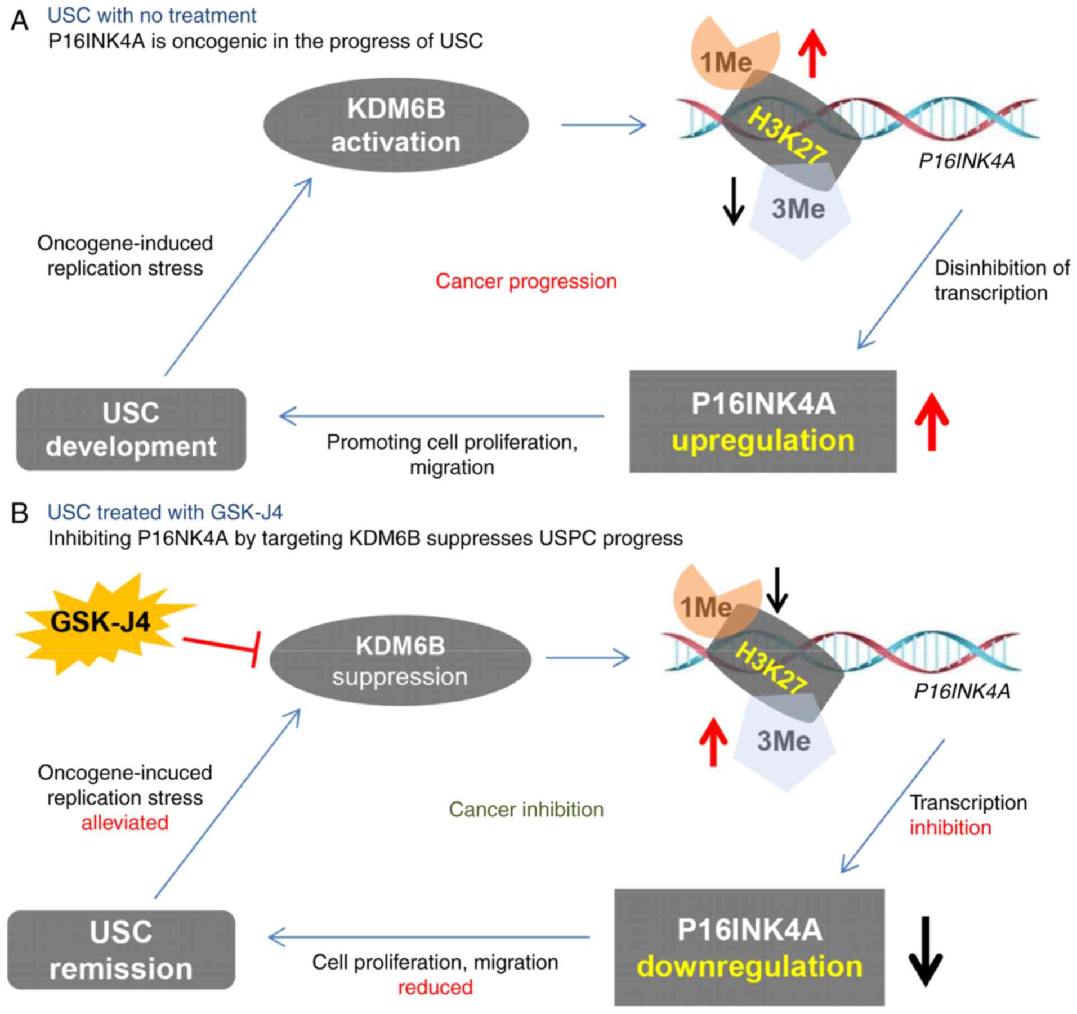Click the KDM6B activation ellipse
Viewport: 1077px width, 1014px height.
point(396,125)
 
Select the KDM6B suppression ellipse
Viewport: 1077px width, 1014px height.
point(400,660)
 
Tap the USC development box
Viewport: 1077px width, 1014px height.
point(131,429)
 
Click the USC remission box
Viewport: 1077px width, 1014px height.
point(121,950)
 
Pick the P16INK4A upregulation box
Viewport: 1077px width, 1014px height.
point(762,421)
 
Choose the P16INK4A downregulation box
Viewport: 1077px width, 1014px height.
point(749,948)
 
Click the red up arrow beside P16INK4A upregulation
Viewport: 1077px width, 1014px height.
point(932,422)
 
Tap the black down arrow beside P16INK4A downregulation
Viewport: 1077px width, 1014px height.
point(926,950)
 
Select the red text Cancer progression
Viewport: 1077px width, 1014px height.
point(526,281)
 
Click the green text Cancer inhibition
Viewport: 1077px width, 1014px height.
point(526,810)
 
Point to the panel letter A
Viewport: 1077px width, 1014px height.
point(20,21)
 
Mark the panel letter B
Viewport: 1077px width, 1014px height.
point(20,513)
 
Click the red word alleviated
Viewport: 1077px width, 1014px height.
point(125,823)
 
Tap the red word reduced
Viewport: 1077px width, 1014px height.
point(435,988)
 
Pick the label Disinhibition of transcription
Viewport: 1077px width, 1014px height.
point(1001,280)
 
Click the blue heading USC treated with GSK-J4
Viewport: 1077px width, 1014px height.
point(165,513)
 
